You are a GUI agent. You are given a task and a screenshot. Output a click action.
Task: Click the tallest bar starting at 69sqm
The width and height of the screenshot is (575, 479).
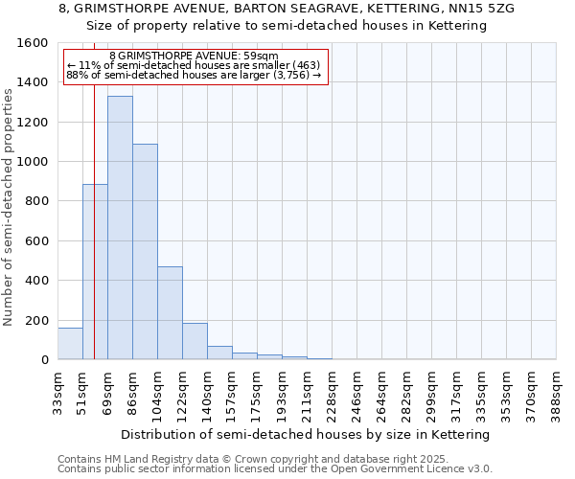point(120,228)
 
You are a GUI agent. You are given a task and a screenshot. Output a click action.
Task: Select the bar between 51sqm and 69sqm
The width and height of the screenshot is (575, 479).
point(95,272)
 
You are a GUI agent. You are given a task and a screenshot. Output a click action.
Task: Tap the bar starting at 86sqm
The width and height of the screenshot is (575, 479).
point(145,252)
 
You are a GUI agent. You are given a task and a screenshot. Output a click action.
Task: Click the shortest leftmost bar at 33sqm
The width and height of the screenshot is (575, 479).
point(70,344)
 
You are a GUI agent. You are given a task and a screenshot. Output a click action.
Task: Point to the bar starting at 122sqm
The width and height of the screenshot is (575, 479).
point(195,341)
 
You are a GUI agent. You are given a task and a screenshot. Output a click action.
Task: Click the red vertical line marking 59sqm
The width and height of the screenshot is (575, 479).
point(94,192)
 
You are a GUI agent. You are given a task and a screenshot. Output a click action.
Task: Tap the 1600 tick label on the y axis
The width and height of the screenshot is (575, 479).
point(33,43)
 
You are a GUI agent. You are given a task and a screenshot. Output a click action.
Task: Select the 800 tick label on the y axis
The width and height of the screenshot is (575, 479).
point(36,201)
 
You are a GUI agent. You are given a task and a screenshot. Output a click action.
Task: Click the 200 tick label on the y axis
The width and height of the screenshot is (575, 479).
point(36,320)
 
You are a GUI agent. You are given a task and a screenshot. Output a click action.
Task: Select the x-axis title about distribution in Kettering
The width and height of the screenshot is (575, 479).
point(306,434)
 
